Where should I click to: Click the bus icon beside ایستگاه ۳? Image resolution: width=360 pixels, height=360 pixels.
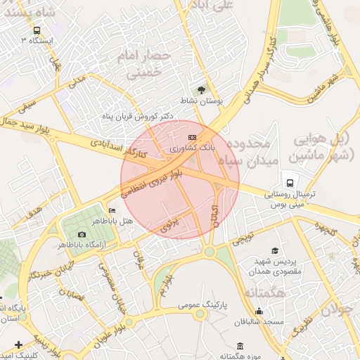pyautogui.click(x=35, y=30)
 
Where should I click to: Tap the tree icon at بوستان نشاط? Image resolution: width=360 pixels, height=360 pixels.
pyautogui.click(x=202, y=90)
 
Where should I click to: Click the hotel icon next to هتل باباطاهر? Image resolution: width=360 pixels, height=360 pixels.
pyautogui.click(x=111, y=210)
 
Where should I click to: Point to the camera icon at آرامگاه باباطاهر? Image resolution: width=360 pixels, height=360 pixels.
pyautogui.click(x=82, y=234)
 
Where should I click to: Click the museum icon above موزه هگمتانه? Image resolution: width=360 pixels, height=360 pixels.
pyautogui.click(x=240, y=346)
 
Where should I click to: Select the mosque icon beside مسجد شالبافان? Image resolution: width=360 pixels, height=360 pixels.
pyautogui.click(x=259, y=311)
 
